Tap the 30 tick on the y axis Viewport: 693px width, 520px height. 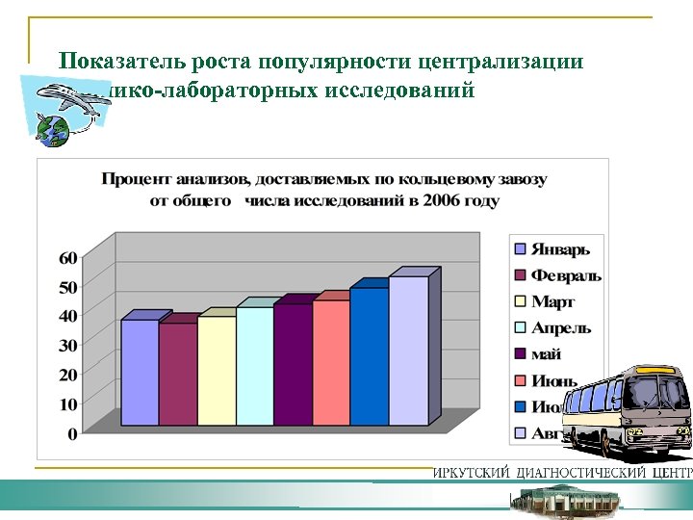pyautogui.click(x=68, y=346)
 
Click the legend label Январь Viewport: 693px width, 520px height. pyautogui.click(x=561, y=249)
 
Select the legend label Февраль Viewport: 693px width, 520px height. pyautogui.click(x=567, y=275)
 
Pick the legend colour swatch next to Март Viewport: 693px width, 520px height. pyautogui.click(x=520, y=302)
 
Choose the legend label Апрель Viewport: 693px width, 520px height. pyautogui.click(x=561, y=328)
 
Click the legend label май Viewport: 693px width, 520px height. pyautogui.click(x=547, y=354)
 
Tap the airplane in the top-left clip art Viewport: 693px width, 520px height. pyautogui.click(x=70, y=99)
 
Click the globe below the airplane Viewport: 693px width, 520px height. pyautogui.click(x=53, y=130)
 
